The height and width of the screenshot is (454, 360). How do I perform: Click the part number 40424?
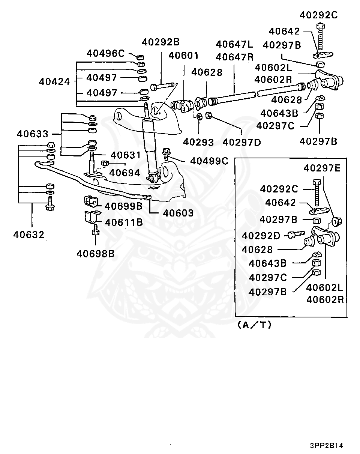[x=54, y=82]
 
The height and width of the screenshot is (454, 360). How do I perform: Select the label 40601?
[x=183, y=56]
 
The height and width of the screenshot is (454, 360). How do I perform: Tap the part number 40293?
[x=198, y=142]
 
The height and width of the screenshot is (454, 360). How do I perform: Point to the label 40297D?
[x=241, y=143]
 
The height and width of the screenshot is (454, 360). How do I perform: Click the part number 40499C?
[x=209, y=161]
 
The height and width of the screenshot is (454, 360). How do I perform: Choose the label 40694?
[x=124, y=173]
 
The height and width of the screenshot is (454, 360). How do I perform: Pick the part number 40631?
[x=126, y=155]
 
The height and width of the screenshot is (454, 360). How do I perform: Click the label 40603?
[x=178, y=213]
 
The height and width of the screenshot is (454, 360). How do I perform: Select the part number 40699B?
[x=124, y=206]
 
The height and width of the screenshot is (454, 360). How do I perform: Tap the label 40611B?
[x=124, y=222]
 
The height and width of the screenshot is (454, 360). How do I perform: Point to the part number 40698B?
[x=96, y=254]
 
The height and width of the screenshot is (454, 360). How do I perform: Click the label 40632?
[x=28, y=235]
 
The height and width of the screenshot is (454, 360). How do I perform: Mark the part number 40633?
[x=33, y=134]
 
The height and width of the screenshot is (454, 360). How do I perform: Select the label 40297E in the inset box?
[x=322, y=168]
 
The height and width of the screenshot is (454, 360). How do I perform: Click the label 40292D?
[x=261, y=236]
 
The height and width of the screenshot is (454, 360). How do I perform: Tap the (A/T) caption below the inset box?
[x=255, y=325]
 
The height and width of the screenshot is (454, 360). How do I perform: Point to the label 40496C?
[x=106, y=53]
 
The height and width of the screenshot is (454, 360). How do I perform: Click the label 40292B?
[x=161, y=42]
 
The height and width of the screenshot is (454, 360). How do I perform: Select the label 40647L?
[x=234, y=44]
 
